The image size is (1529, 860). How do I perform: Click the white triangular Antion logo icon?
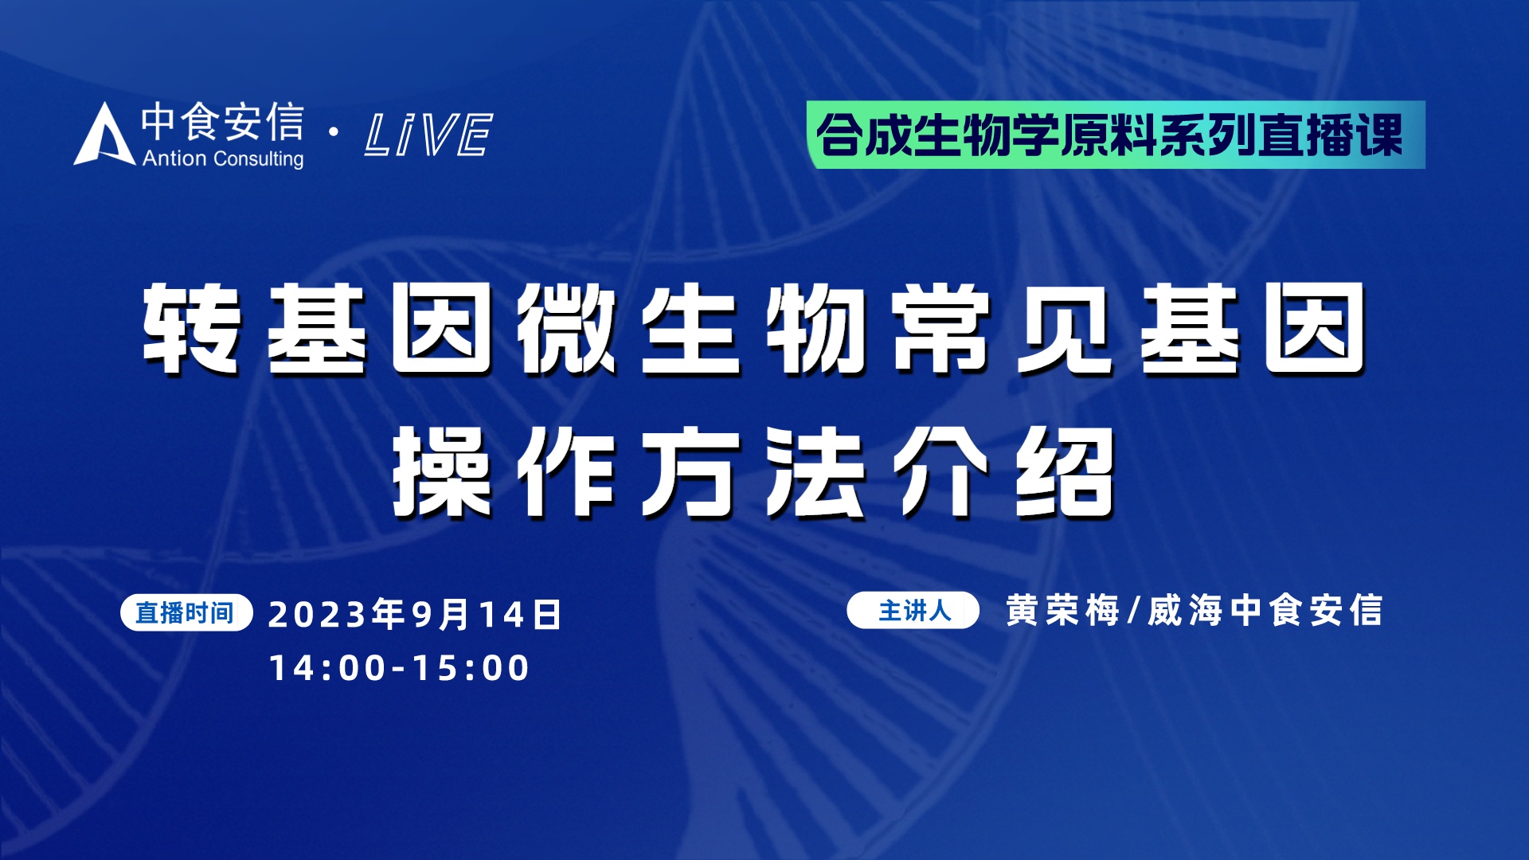pos(104,135)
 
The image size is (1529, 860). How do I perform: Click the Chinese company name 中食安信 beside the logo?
pos(223,122)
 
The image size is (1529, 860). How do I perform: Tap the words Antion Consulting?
pos(223,158)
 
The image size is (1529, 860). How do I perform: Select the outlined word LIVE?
pos(428,134)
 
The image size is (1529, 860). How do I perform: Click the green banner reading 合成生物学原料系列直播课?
pos(1115,135)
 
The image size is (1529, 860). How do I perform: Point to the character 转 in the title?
pos(192,328)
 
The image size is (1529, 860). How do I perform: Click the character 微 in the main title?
pos(566,328)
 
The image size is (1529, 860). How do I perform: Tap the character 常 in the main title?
pos(941,328)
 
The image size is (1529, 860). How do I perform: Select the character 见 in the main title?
pos(1066,328)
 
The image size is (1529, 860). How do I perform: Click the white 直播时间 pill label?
pos(186,613)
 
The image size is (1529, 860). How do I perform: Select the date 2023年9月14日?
pos(416,615)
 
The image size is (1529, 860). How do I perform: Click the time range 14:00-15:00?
pos(399,668)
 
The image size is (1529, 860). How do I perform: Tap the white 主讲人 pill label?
pos(913,611)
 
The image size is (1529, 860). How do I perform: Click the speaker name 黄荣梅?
pos(1062,611)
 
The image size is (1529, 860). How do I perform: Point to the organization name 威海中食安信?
pos(1265,611)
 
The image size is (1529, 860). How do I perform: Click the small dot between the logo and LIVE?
pos(334,132)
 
